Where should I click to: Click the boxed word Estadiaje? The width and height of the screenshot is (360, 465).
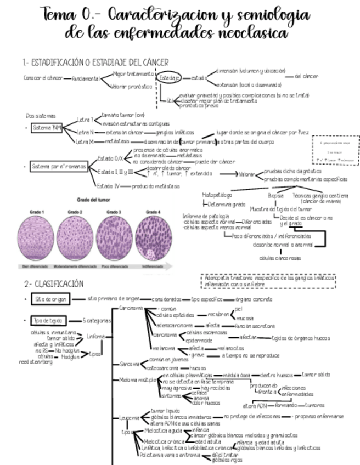(x=170, y=78)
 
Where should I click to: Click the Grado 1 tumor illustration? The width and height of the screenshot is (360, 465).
(x=37, y=237)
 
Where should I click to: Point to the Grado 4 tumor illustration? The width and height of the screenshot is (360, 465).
(x=154, y=237)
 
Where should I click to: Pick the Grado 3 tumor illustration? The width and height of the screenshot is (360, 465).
(x=114, y=237)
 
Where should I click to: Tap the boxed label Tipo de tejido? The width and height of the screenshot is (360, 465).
(x=49, y=320)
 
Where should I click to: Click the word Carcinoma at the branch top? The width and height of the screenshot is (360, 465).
(x=131, y=308)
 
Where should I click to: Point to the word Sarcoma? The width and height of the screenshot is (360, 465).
(x=129, y=364)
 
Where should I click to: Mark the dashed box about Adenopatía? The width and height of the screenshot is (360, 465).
(x=268, y=281)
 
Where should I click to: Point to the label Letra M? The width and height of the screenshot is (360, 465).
(x=85, y=141)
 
